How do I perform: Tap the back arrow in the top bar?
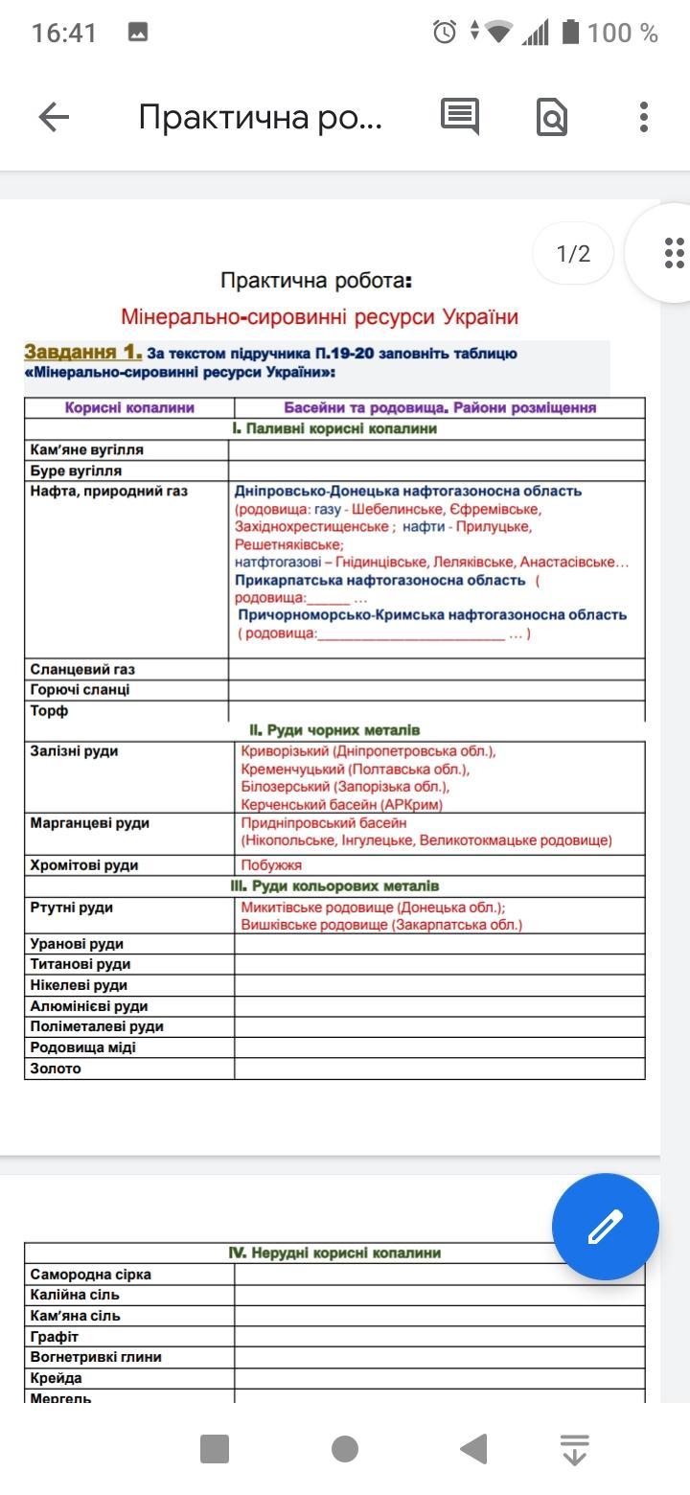[54, 117]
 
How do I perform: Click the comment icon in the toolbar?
[460, 117]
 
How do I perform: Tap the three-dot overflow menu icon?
[644, 117]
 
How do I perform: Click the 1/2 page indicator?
[573, 254]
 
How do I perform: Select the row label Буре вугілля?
[76, 471]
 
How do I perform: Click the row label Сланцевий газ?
[82, 669]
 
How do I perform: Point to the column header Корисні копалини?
[129, 407]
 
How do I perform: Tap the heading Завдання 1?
[83, 353]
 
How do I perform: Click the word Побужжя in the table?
[271, 864]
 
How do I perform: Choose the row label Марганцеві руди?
[90, 822]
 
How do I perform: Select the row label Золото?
[56, 1069]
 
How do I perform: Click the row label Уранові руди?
[77, 944]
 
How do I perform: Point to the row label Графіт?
[55, 1336]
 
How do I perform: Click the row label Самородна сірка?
[91, 1275]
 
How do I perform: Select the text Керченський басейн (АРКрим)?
[341, 805]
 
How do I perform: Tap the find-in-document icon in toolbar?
[552, 117]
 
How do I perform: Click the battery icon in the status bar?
[570, 33]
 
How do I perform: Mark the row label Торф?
[49, 711]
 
